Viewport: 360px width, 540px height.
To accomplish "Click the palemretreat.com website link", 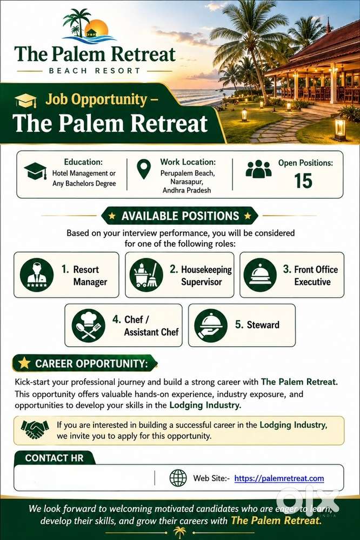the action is point(279,478).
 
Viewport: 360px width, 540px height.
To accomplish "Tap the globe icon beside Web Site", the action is point(178,478).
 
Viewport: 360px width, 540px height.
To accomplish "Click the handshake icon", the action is point(35,430).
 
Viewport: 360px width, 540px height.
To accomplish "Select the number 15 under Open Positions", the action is point(303,181).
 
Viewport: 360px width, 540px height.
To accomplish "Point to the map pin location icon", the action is point(144,169).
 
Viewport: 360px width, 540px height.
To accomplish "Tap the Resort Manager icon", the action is point(37,275).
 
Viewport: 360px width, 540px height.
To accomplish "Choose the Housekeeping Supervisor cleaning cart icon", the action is point(146,275).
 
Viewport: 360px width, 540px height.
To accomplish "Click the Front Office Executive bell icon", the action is point(260,275).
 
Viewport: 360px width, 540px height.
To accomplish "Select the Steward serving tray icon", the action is point(211,325).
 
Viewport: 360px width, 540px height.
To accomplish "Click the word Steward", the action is point(263,325).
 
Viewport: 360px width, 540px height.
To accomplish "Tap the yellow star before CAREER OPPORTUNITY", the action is point(24,363).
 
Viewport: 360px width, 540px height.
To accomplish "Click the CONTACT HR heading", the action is point(55,458).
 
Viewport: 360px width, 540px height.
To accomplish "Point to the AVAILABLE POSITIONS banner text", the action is point(180,216).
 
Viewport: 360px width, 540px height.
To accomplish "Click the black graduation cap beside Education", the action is point(36,171).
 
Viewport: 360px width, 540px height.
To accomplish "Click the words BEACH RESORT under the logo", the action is point(95,71).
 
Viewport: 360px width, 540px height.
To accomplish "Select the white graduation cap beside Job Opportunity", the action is point(26,100).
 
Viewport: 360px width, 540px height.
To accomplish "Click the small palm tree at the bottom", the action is point(179,532).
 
